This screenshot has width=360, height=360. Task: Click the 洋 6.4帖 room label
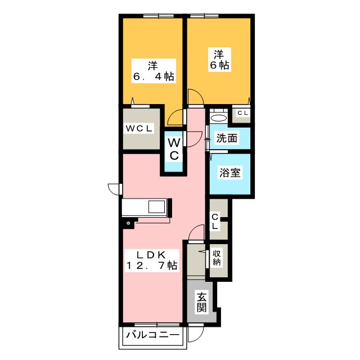click(154, 71)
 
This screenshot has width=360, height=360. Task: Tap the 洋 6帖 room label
click(219, 60)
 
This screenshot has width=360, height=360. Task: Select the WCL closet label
click(139, 129)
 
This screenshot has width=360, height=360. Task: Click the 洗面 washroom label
click(227, 138)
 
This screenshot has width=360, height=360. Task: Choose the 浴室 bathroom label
click(230, 173)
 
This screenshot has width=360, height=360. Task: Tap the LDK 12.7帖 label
click(151, 260)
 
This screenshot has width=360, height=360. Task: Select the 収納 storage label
click(216, 258)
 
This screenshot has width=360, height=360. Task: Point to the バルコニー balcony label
click(152, 335)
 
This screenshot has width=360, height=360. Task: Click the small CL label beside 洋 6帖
click(242, 113)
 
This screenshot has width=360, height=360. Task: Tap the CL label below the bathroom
click(215, 221)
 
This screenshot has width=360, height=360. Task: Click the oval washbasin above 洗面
click(219, 118)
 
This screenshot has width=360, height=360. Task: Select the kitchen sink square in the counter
click(156, 207)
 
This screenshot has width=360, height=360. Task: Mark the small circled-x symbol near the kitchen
click(128, 223)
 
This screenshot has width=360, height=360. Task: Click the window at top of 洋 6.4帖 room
click(159, 16)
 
